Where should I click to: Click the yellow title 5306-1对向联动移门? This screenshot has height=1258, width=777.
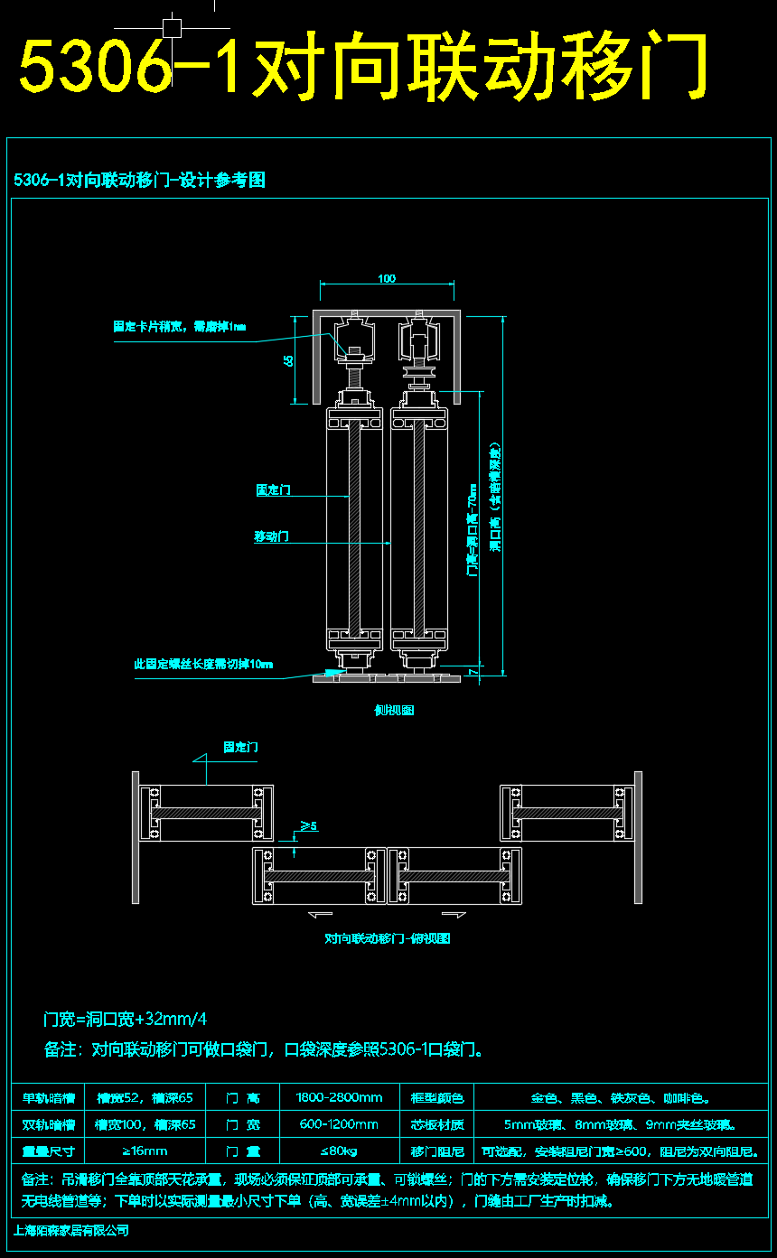coord(361,68)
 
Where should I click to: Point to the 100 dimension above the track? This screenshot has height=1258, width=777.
coord(387,278)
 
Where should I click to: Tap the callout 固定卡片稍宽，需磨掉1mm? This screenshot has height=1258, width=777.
coord(179,326)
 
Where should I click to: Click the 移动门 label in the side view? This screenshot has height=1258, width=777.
coord(271,536)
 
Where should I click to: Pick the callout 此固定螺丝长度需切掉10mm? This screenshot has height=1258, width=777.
coord(203,665)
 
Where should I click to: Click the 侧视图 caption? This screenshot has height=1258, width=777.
coord(394,710)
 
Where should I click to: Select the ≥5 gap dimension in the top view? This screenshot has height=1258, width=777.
coord(308,825)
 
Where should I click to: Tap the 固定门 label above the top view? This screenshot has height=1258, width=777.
coord(240,747)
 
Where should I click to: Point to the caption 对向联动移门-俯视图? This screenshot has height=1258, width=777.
coord(387,938)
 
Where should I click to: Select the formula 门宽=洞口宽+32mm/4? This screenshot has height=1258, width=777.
coord(126,1020)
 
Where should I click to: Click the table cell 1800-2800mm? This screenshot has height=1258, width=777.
coord(340,1098)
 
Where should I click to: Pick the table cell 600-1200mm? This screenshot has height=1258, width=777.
coord(340,1124)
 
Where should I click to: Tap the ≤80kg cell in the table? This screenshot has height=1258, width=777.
coord(340,1151)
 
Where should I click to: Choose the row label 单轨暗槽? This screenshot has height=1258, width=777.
coord(48,1098)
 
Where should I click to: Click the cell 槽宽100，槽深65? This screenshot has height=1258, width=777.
coord(145,1124)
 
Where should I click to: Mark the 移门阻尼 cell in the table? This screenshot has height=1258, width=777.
coord(437,1151)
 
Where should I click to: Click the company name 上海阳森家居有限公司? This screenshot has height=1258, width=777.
coord(72,1230)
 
